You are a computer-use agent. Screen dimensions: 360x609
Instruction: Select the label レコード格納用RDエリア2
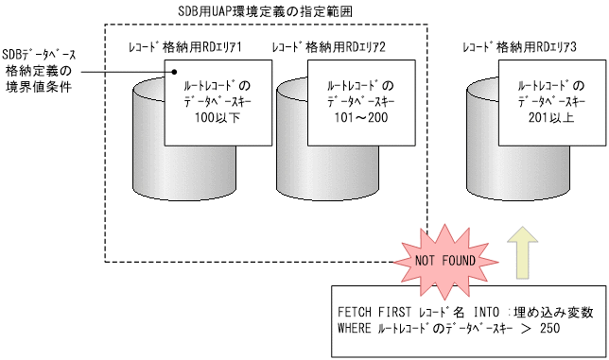click(x=328, y=46)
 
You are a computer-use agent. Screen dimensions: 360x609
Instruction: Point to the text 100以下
click(x=206, y=116)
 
